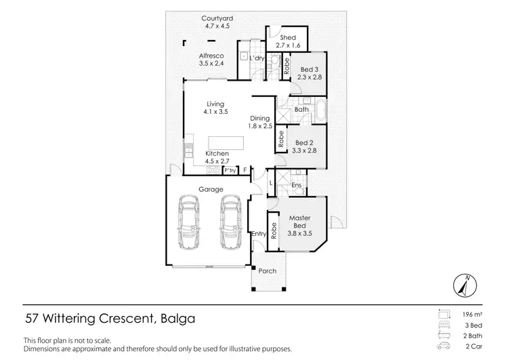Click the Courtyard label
pyautogui.click(x=218, y=18)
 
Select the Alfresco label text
pyautogui.click(x=211, y=56)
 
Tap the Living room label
pyautogui.click(x=215, y=104)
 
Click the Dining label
pyautogui.click(x=259, y=118)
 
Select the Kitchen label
pyautogui.click(x=217, y=154)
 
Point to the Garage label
pyautogui.click(x=211, y=189)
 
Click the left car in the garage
pyautogui.click(x=190, y=223)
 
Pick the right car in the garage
pyautogui.click(x=231, y=223)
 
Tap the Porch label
pyautogui.click(x=268, y=271)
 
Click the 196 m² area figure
pyautogui.click(x=473, y=315)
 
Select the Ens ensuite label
pyautogui.click(x=296, y=184)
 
